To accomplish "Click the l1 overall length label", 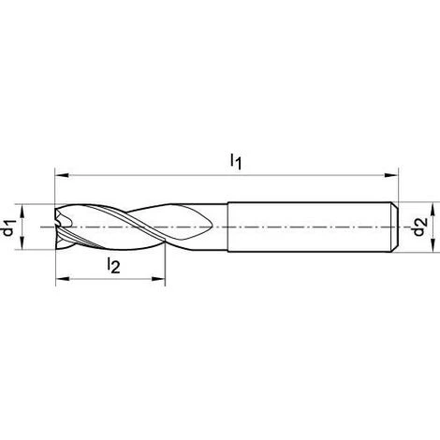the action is [236, 163].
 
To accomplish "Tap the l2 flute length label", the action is [113, 266].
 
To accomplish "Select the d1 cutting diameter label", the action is [9, 227].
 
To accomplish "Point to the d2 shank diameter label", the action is [419, 227].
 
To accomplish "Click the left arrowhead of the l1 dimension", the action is [62, 175].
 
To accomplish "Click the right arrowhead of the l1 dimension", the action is [391, 175].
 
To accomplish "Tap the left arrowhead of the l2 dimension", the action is [63, 279].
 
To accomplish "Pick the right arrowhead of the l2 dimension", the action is [158, 279].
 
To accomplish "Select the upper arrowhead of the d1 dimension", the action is [22, 212].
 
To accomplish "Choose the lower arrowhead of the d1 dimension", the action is [22, 242].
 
